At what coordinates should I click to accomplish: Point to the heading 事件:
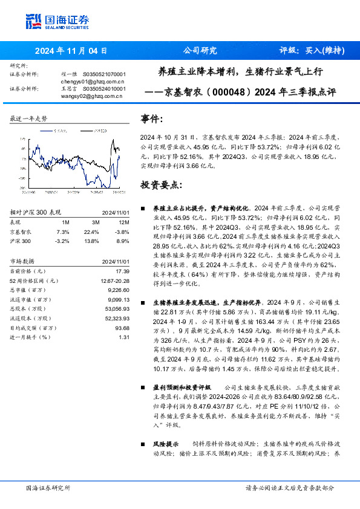pos(151,119)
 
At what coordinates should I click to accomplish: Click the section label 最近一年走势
pos(28,118)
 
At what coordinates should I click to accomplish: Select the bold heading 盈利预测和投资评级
pos(182,387)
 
